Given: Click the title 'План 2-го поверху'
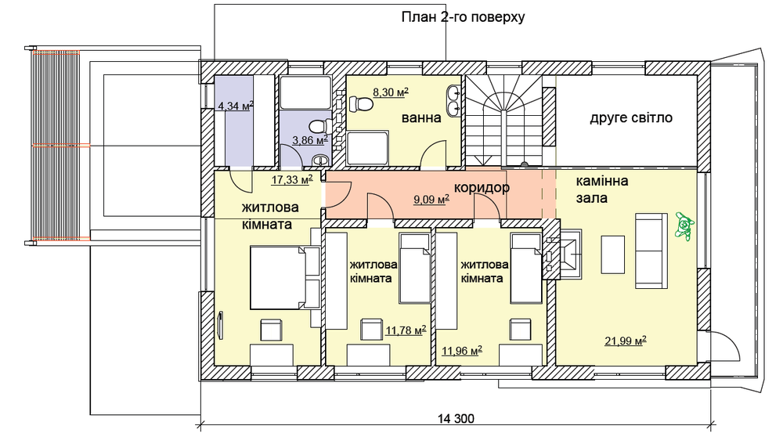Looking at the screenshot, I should [x=462, y=16].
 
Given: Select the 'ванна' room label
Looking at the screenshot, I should [x=421, y=118].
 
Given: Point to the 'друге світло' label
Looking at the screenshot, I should [x=631, y=118].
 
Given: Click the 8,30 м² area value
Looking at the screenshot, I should [x=391, y=92].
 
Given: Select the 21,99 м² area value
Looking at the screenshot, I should [x=625, y=340].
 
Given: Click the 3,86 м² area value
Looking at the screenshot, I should [x=309, y=141].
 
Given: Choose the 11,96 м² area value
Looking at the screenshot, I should [x=461, y=350].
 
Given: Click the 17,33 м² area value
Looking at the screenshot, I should [x=292, y=179].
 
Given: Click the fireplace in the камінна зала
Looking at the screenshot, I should [x=565, y=254].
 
